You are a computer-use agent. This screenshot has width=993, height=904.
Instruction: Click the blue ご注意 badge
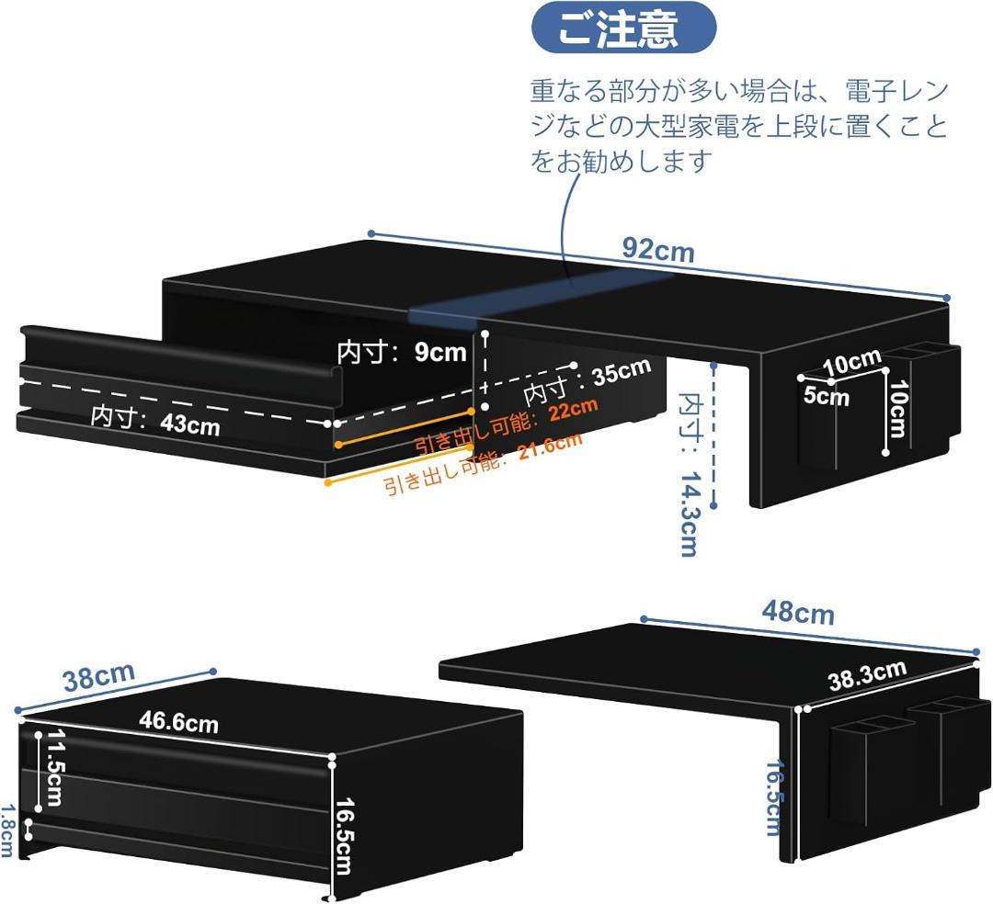click(623, 28)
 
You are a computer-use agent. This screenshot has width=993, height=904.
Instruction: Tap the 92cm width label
click(658, 248)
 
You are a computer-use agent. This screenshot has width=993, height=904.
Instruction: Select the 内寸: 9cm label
click(402, 353)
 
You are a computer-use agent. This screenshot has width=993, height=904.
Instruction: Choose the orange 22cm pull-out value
click(573, 409)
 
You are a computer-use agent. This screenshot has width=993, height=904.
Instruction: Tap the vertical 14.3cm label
click(689, 528)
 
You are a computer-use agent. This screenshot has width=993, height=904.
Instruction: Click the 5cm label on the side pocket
click(825, 397)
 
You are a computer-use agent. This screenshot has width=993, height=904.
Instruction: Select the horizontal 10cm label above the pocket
click(851, 363)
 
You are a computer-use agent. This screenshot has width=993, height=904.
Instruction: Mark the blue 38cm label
click(98, 678)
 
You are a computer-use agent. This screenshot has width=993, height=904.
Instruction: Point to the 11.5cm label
click(51, 769)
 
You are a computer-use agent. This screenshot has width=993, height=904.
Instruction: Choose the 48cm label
click(798, 613)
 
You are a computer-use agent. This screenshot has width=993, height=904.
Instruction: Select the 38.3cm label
click(867, 675)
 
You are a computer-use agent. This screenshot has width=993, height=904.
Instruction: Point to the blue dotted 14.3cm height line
click(714, 432)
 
